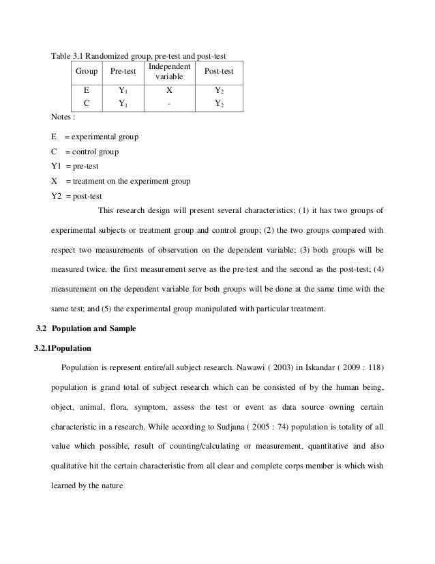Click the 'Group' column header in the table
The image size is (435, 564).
(x=86, y=70)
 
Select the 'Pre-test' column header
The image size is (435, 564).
(x=122, y=70)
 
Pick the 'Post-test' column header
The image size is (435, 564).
(x=218, y=70)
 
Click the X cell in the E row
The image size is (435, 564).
(x=169, y=89)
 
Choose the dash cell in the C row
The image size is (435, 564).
(x=169, y=104)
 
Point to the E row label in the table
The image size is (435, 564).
(x=86, y=89)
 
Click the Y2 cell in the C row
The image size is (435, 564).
(x=218, y=104)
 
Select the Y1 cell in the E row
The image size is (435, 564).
(x=122, y=89)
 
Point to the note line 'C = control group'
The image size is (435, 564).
(x=85, y=152)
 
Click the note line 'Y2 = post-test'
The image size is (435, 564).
(x=75, y=196)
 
